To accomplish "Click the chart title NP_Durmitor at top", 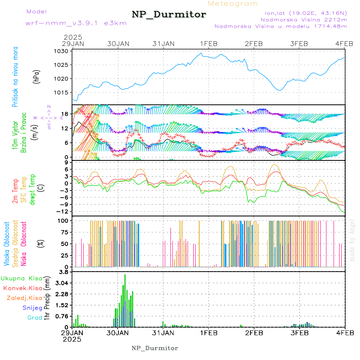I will point(169,15).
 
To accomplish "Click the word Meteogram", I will point(233,4).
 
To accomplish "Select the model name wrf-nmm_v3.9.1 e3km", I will point(76,23).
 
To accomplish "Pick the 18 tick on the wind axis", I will point(66,114).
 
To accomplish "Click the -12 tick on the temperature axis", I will point(63,211).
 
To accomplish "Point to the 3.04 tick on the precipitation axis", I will point(62,283).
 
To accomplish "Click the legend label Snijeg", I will point(31,308).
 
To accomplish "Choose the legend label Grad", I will point(35,318).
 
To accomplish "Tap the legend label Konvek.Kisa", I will point(22,288).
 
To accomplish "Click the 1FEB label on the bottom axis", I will point(208,332).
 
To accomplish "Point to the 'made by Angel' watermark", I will point(352,240).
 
